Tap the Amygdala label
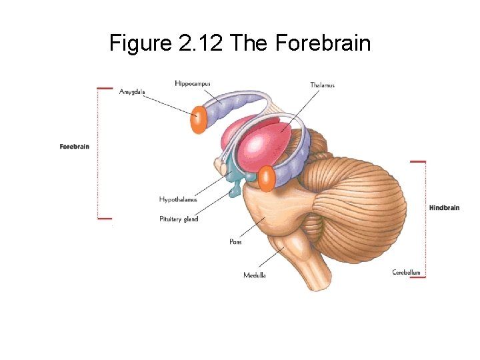pyautogui.click(x=132, y=91)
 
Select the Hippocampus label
pyautogui.click(x=193, y=83)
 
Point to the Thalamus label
pyautogui.click(x=322, y=85)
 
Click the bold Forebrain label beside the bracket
pyautogui.click(x=74, y=147)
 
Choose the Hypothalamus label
pyautogui.click(x=178, y=199)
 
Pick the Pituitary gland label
pyautogui.click(x=179, y=219)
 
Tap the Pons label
pyautogui.click(x=235, y=242)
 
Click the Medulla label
pyautogui.click(x=255, y=275)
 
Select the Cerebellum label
pyautogui.click(x=406, y=272)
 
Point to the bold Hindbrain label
pyautogui.click(x=444, y=208)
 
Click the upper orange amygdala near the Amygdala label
pyautogui.click(x=197, y=120)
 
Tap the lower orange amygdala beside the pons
pyautogui.click(x=267, y=179)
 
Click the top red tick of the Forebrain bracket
pyautogui.click(x=105, y=88)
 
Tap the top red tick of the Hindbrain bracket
pyautogui.click(x=418, y=161)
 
